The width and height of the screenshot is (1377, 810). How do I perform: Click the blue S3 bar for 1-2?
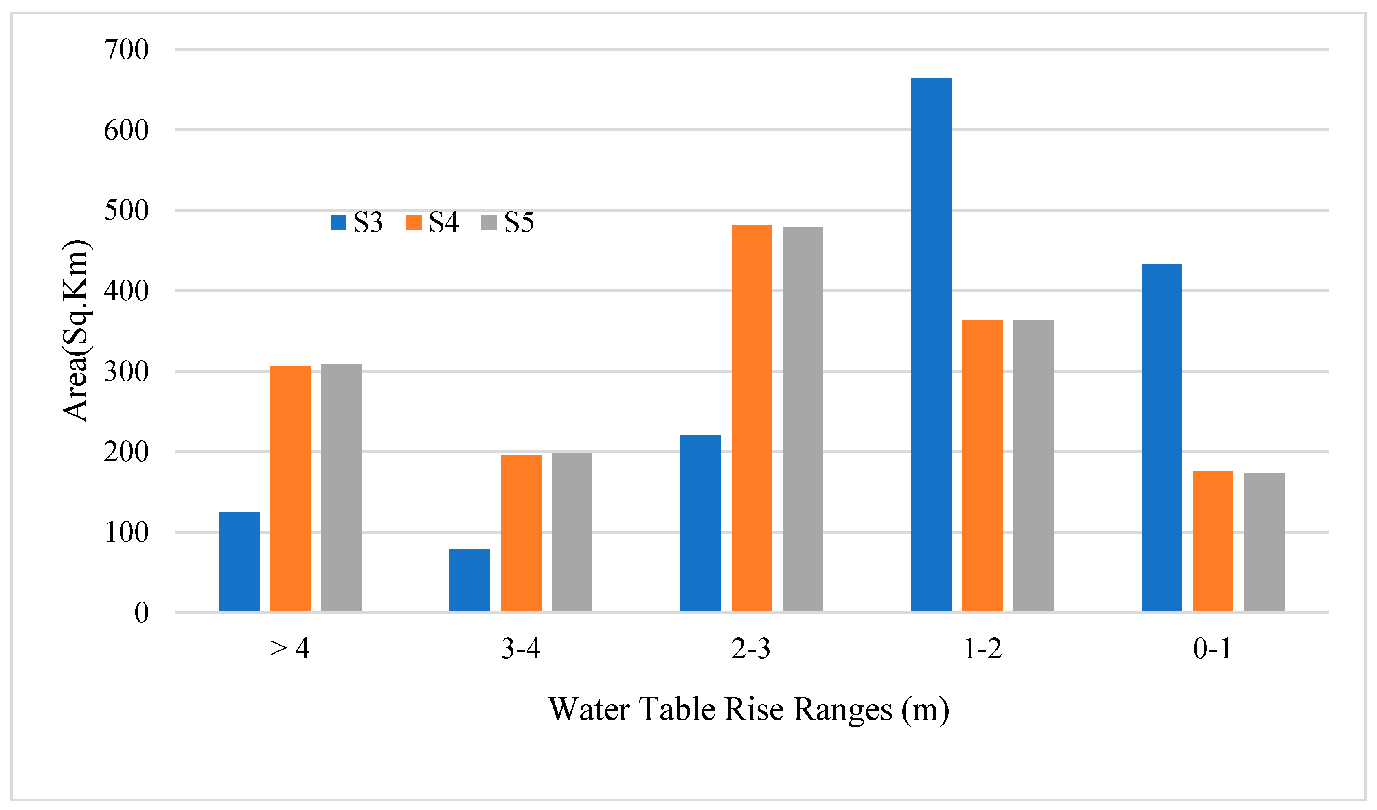[x=931, y=344]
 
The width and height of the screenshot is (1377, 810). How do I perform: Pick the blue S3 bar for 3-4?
[x=469, y=580]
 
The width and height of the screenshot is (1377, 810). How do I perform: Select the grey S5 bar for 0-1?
[x=1264, y=542]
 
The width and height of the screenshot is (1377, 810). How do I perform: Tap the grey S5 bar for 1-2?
[x=1033, y=465]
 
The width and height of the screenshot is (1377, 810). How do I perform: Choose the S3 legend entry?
[x=357, y=222]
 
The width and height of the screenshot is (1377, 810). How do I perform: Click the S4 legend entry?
[x=432, y=222]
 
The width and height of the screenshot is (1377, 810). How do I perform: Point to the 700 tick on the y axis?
[x=126, y=50]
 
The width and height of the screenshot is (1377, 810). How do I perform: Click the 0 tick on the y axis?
[x=142, y=613]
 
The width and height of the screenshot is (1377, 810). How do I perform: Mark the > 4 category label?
[x=289, y=649]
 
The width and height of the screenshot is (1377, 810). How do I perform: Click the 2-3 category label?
[x=751, y=649]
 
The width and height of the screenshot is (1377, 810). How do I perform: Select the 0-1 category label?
[x=1212, y=649]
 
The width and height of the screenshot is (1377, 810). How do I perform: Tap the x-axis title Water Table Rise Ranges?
[x=749, y=709]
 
